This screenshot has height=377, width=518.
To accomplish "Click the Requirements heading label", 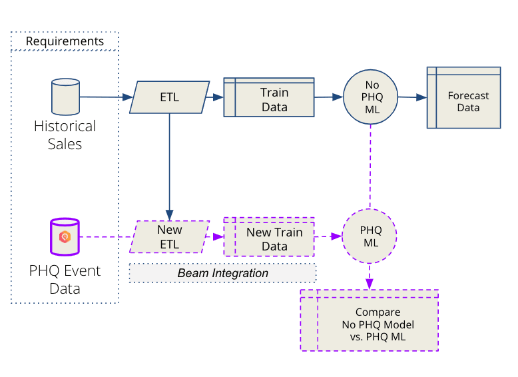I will click(65, 41).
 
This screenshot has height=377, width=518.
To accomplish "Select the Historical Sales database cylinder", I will click(65, 97).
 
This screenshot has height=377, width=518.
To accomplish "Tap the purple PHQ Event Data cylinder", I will click(65, 236).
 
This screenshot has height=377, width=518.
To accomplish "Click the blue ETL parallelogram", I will click(170, 97).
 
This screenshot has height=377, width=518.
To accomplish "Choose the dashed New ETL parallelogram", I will click(170, 236).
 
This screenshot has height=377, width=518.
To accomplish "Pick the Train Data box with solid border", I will click(268, 98).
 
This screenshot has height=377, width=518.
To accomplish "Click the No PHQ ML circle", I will click(370, 97).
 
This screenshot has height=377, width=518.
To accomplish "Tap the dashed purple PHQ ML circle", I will click(370, 236).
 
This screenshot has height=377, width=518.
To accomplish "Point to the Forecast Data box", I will click(463, 97).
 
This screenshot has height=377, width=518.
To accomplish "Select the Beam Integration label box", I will click(222, 273).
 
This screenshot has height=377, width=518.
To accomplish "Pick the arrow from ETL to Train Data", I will click(216, 97).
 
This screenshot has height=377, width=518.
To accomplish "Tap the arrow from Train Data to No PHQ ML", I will click(328, 97).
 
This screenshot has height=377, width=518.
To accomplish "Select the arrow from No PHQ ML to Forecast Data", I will click(411, 97).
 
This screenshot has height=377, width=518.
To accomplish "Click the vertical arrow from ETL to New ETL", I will click(170, 167).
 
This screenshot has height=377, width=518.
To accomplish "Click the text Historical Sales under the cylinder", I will click(65, 135).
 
